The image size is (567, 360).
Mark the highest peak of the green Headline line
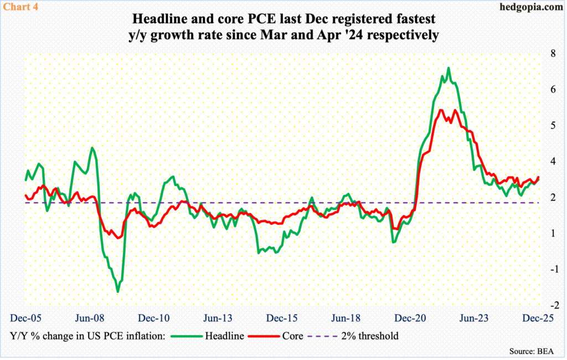[x=449, y=68]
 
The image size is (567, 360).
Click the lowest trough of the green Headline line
[x=117, y=291]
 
